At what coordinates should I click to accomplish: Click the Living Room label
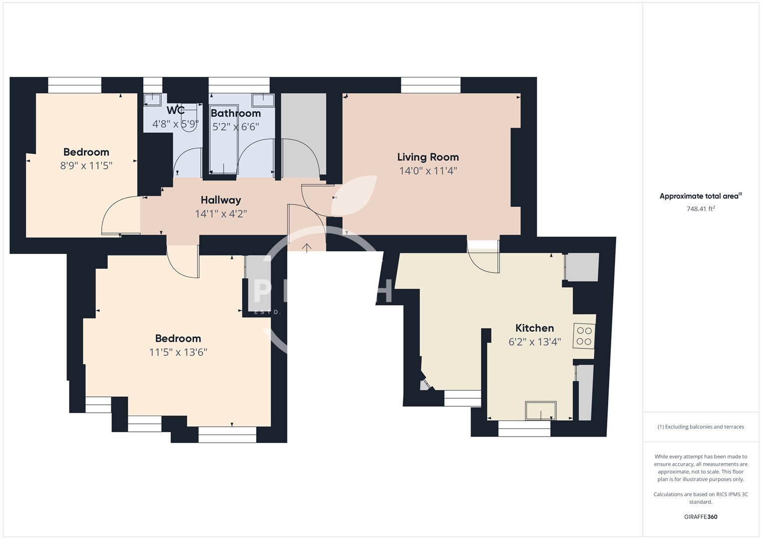[428, 157]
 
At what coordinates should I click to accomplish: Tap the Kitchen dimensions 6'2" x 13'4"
[534, 342]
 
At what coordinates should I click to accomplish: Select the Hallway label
[221, 200]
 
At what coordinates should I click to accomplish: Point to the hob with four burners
[584, 336]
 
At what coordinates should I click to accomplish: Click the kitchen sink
[540, 411]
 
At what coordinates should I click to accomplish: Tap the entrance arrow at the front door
[306, 247]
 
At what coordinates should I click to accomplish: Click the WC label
[176, 110]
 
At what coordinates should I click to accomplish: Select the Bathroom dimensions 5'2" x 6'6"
[236, 127]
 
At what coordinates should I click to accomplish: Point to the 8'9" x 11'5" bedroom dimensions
[86, 166]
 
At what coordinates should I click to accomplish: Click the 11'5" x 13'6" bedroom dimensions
[178, 352]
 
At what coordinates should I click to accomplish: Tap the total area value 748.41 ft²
[701, 209]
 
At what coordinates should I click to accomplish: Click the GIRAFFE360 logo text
[701, 517]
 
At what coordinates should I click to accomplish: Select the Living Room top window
[431, 85]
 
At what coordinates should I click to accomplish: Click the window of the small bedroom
[75, 85]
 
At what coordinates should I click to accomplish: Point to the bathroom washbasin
[262, 100]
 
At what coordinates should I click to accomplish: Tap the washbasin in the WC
[152, 100]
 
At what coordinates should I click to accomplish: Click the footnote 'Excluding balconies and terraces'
[701, 427]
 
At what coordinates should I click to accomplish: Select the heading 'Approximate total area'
[700, 196]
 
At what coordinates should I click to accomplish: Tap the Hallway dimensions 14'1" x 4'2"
[221, 214]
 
